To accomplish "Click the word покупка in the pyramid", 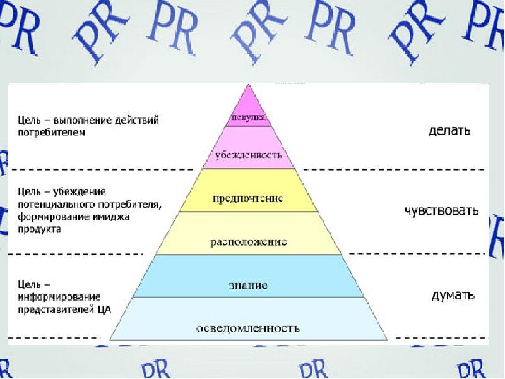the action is click(x=249, y=117).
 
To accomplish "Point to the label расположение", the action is click(x=248, y=242).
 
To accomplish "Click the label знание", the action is click(x=249, y=286).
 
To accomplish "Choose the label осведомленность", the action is click(x=248, y=328).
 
